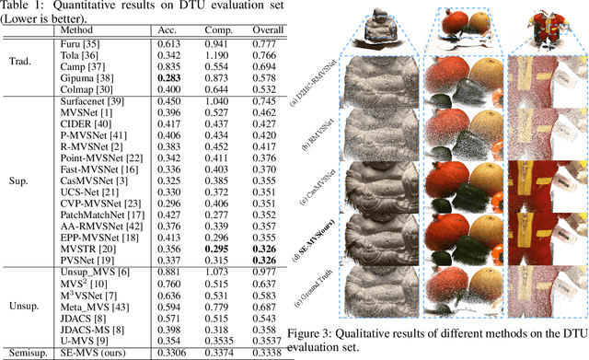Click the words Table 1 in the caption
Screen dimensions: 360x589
coord(22,6)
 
